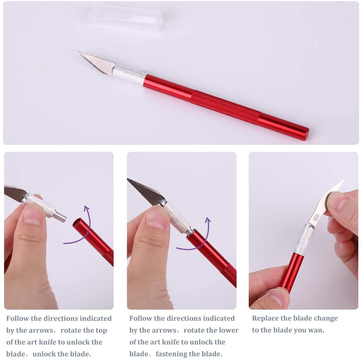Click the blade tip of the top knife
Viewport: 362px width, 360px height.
coord(77,51)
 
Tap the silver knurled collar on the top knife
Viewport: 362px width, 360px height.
coord(130,75)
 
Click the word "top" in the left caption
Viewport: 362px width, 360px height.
coord(100,330)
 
